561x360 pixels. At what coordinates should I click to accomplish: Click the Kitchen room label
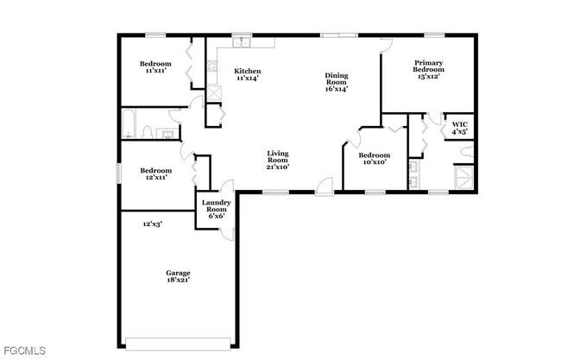(x=248, y=71)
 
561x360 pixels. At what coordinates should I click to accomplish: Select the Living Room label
(x=277, y=159)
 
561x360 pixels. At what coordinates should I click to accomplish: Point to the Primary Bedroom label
(x=429, y=66)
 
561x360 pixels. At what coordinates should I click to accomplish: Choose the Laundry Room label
(x=215, y=209)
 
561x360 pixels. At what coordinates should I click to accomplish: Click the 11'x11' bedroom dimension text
(x=155, y=71)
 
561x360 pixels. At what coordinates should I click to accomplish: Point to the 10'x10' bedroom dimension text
(x=374, y=161)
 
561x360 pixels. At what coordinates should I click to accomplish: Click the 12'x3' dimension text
(x=153, y=224)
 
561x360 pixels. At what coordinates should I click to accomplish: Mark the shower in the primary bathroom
(x=465, y=178)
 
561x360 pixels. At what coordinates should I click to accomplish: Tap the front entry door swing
(x=324, y=184)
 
